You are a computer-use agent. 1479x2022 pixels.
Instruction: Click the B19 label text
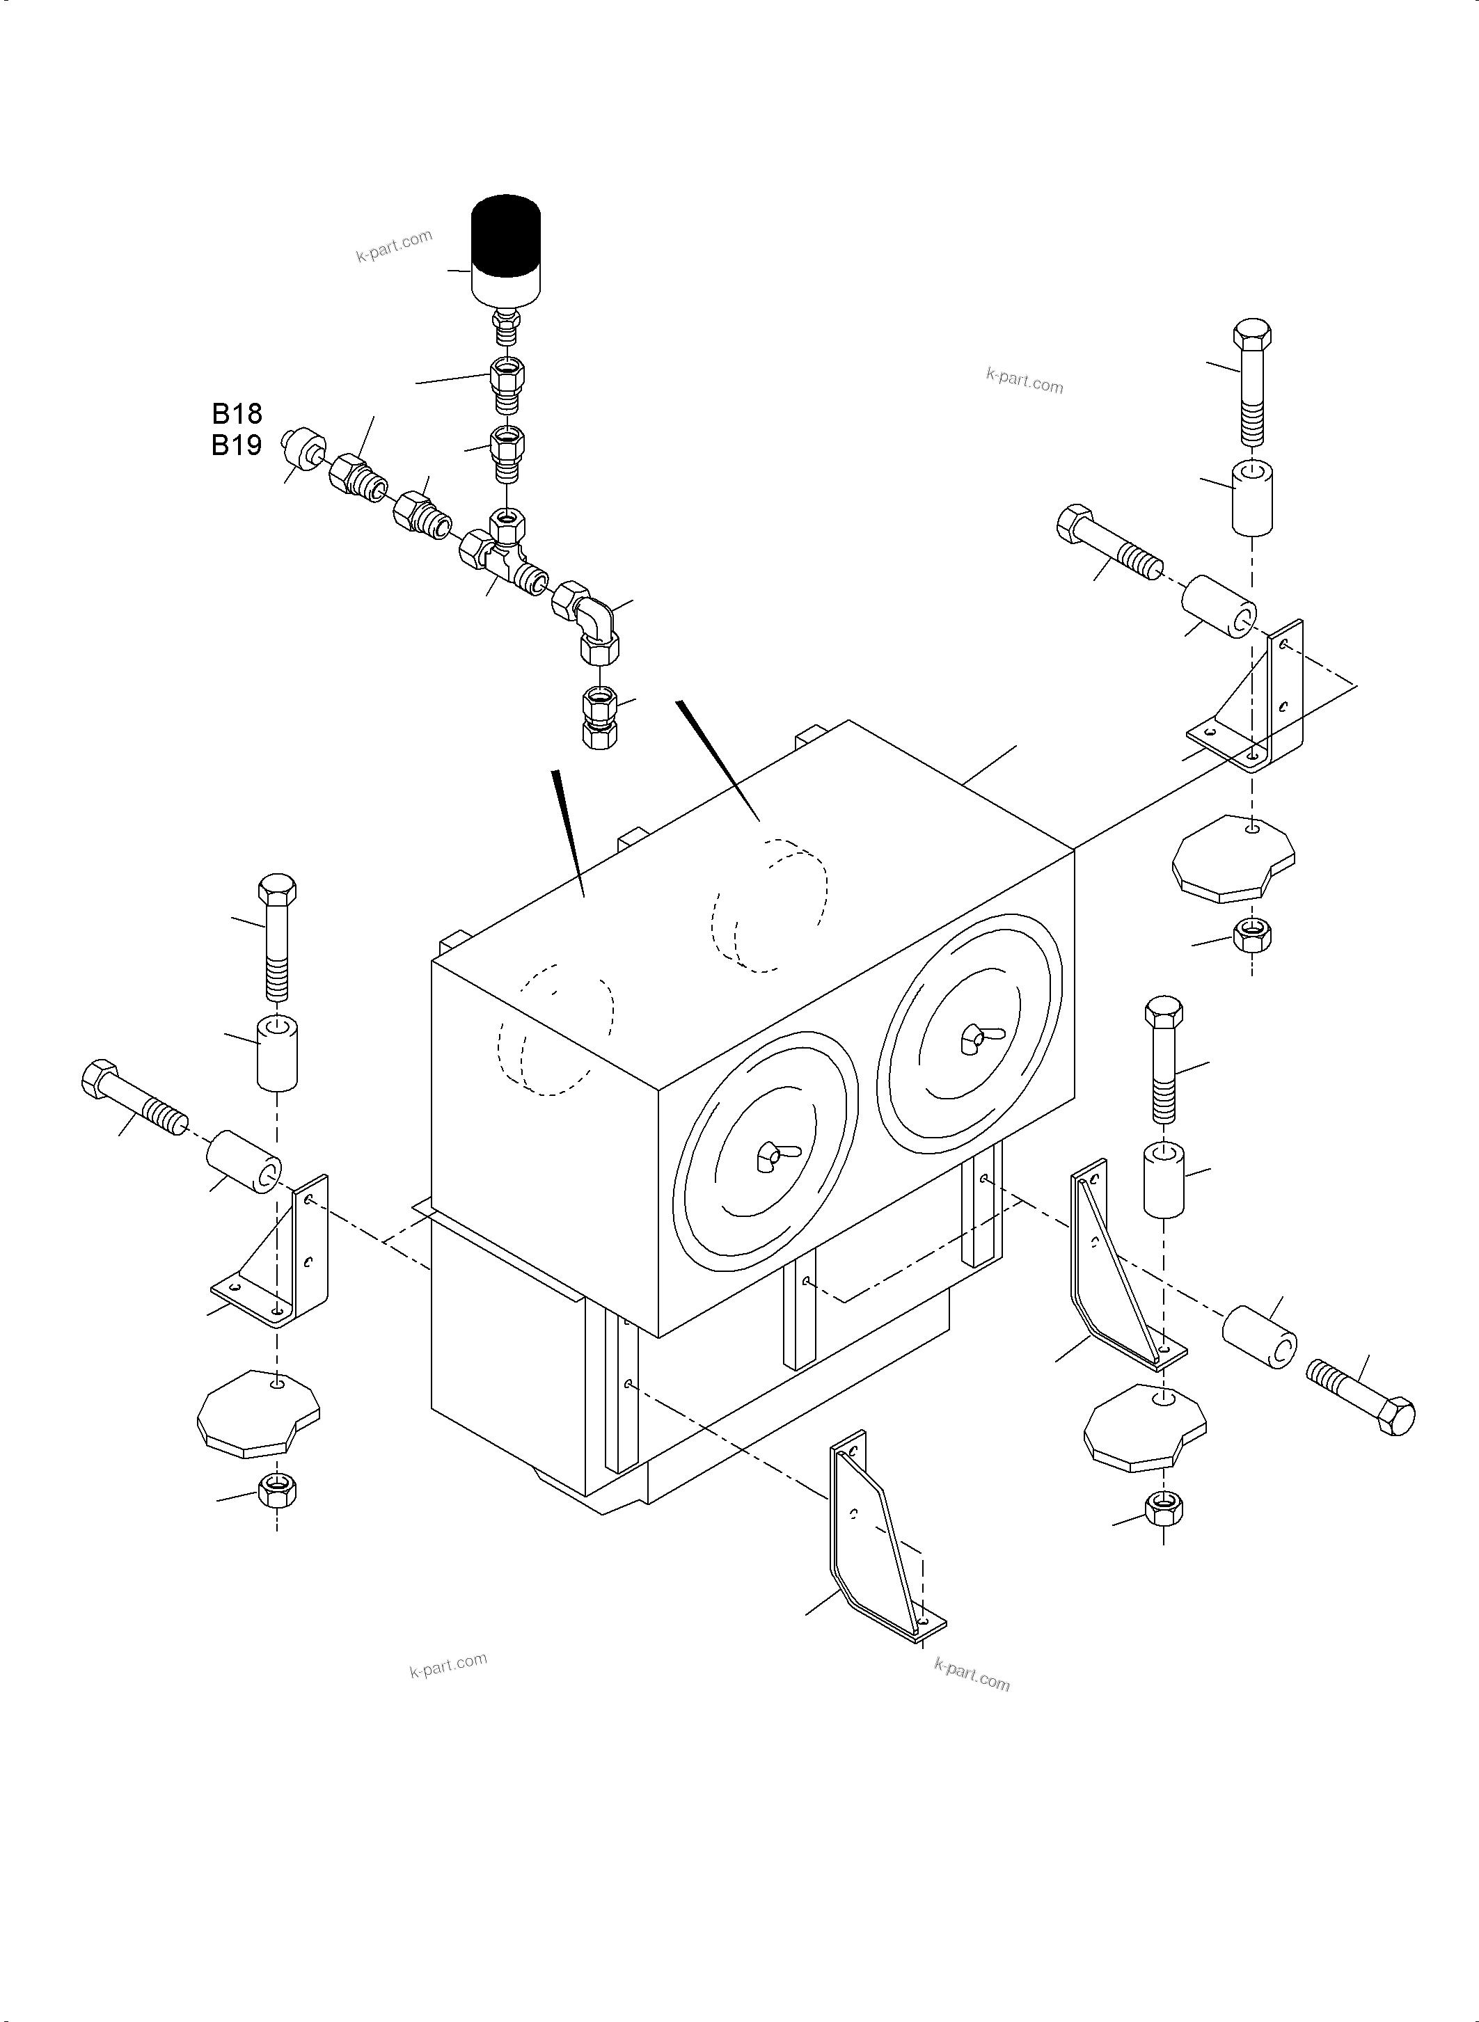coord(237,445)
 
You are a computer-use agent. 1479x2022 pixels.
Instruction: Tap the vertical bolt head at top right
coord(1251,335)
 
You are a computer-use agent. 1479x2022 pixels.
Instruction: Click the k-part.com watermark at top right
coord(1025,381)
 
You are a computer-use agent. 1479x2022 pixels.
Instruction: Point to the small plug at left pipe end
coord(299,447)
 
